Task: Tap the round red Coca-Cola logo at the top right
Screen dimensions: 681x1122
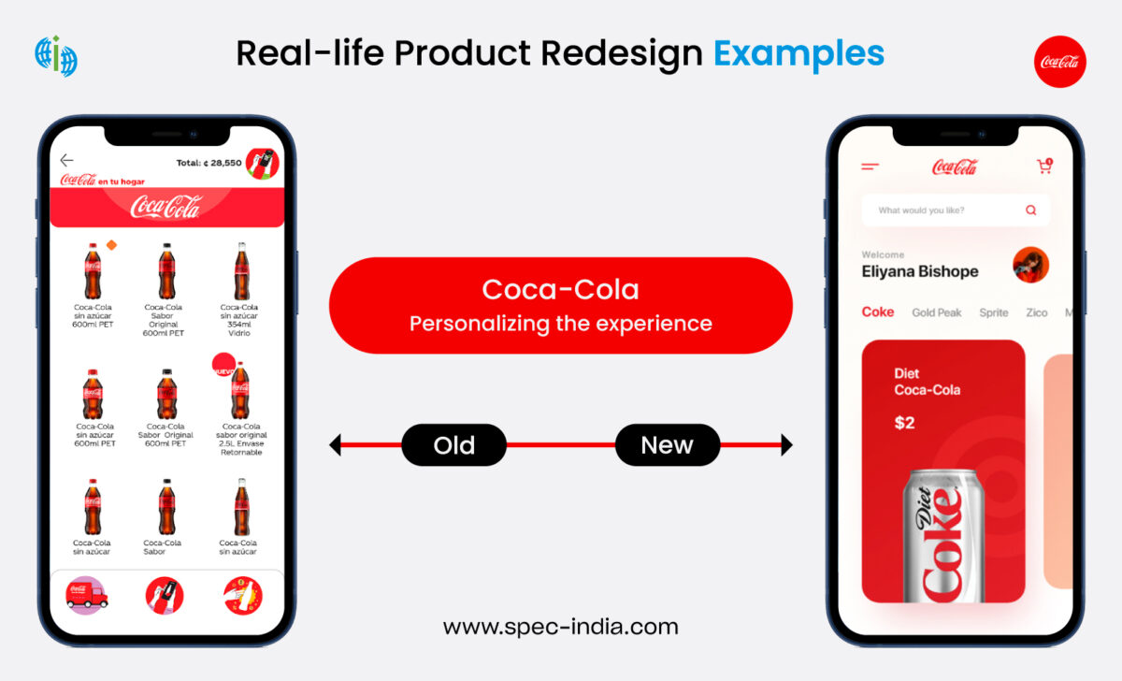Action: pyautogui.click(x=1059, y=62)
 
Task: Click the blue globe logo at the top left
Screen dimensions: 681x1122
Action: pyautogui.click(x=55, y=56)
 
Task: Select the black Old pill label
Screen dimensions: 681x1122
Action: pyautogui.click(x=453, y=445)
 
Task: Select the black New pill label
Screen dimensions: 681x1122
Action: pyautogui.click(x=667, y=445)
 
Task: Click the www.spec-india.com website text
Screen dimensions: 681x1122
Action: pyautogui.click(x=560, y=627)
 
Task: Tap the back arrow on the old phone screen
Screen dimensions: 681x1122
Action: pyautogui.click(x=66, y=161)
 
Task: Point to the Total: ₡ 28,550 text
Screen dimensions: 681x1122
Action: pyautogui.click(x=209, y=163)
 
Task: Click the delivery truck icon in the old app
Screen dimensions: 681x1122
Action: pyautogui.click(x=87, y=595)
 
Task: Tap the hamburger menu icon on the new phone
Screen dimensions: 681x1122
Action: pyautogui.click(x=870, y=167)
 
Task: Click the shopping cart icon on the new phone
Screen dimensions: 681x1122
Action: pyautogui.click(x=1044, y=167)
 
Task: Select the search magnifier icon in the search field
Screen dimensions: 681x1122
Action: pyautogui.click(x=1030, y=210)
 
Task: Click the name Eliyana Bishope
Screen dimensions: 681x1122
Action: pyautogui.click(x=919, y=271)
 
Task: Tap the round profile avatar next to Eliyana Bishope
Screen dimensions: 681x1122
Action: pyautogui.click(x=1030, y=265)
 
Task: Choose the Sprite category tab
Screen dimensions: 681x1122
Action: pyautogui.click(x=993, y=312)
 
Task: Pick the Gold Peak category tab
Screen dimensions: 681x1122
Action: pyautogui.click(x=936, y=312)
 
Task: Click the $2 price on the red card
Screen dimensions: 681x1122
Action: pyautogui.click(x=904, y=423)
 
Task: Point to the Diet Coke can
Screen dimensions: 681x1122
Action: pyautogui.click(x=943, y=538)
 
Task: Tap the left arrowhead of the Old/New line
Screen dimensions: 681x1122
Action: pyautogui.click(x=335, y=445)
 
